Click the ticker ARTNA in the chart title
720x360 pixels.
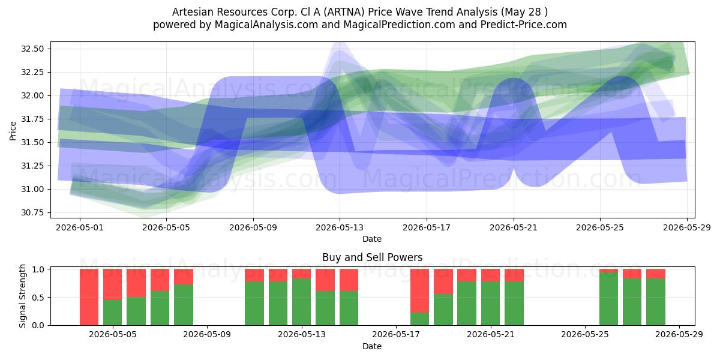tap(344, 12)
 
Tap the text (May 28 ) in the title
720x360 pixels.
tap(524, 12)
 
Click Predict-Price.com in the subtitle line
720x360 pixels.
tap(524, 25)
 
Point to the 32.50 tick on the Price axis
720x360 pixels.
tap(32, 49)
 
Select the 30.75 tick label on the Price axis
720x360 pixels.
tap(32, 212)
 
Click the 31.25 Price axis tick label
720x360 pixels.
tap(32, 166)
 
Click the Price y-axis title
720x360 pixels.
tap(13, 131)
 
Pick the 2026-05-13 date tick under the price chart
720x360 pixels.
tap(340, 227)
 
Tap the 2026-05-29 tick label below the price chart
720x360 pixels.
tap(687, 227)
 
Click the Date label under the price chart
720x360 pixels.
tap(372, 239)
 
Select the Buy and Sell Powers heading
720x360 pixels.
tap(372, 257)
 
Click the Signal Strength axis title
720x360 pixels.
tap(22, 296)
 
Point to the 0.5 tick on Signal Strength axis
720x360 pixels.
tap(38, 298)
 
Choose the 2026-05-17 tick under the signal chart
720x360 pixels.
tap(396, 335)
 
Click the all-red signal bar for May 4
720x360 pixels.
tap(89, 297)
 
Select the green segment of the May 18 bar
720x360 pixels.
tap(420, 319)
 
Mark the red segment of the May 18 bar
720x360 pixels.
tap(420, 290)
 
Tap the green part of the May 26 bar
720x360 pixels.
tap(608, 299)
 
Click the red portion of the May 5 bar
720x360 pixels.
tap(113, 284)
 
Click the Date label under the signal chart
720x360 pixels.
tap(372, 346)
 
